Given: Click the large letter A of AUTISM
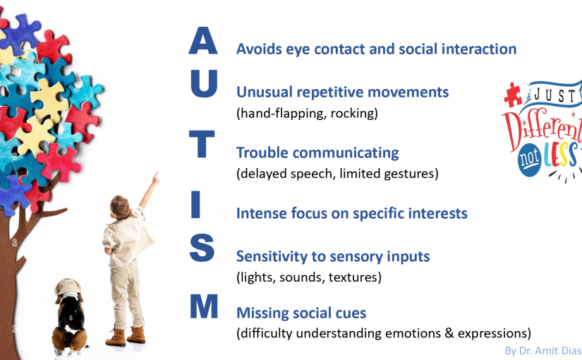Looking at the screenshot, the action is [x=202, y=41].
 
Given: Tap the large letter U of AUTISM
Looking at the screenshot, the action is [x=204, y=83].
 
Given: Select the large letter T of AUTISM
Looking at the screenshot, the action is [x=202, y=144].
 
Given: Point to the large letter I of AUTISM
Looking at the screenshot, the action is [x=195, y=204].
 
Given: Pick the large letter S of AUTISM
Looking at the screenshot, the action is [x=202, y=248].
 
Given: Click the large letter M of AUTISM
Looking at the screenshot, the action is [x=204, y=306].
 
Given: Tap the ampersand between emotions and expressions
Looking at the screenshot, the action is [x=449, y=333].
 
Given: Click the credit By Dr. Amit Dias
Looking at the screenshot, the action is [x=543, y=351].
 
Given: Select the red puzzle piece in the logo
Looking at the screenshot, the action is [x=513, y=95].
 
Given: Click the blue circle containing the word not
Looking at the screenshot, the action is [x=530, y=160].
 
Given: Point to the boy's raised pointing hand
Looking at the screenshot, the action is [x=155, y=179].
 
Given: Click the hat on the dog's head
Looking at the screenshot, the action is [x=67, y=286].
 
